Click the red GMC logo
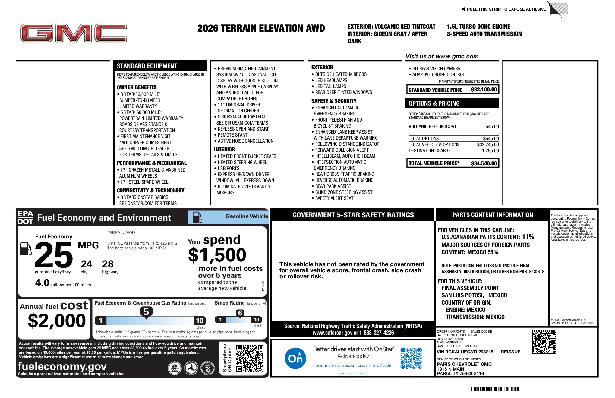click(x=74, y=33)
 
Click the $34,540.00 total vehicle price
click(x=484, y=163)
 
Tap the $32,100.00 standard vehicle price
click(x=484, y=90)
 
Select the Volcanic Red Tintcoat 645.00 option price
click(x=492, y=127)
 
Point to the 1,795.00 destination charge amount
click(x=490, y=151)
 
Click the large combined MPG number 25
click(x=54, y=255)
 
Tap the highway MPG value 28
click(x=108, y=264)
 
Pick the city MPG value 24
click(x=86, y=264)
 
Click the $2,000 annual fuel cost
click(x=57, y=320)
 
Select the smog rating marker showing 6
click(x=240, y=313)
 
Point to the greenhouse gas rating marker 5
click(x=146, y=311)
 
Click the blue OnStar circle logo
click(x=295, y=358)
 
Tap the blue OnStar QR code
click(x=411, y=358)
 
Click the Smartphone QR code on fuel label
click(x=250, y=358)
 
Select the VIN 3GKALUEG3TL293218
click(x=465, y=352)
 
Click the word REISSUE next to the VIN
click(x=510, y=352)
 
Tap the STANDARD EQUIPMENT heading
click(x=147, y=66)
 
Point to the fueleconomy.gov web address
click(x=62, y=366)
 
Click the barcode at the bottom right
click(x=495, y=389)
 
